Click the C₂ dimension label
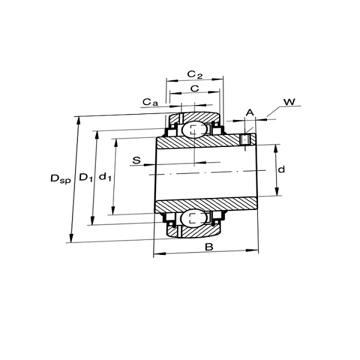tap(195, 74)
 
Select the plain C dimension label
tap(194, 88)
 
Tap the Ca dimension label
tap(151, 102)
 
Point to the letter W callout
tap(289, 102)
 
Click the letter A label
tap(250, 113)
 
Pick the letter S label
tap(137, 160)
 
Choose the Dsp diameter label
tap(61, 179)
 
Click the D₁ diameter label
tap(86, 177)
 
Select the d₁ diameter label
tap(105, 177)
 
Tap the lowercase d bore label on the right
tap(281, 169)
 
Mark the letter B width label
tap(209, 247)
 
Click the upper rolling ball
tap(194, 130)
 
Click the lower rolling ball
tap(193, 218)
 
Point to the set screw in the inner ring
tap(245, 140)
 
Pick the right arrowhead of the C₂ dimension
tap(217, 79)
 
